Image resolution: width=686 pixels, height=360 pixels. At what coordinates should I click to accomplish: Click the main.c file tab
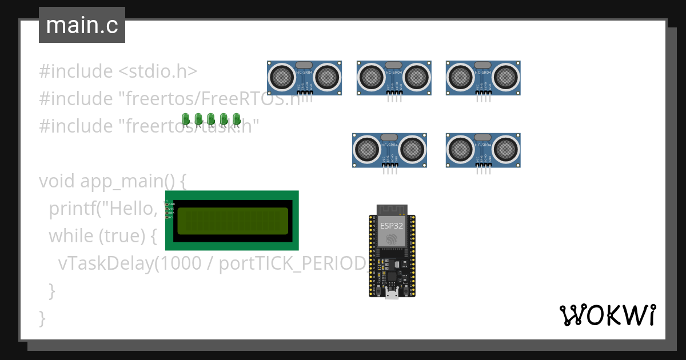82,25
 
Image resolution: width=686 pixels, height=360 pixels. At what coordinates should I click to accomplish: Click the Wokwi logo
607,315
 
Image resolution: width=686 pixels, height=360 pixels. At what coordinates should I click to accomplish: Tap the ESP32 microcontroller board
392,251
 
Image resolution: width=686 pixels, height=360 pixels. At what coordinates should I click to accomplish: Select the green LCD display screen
232,221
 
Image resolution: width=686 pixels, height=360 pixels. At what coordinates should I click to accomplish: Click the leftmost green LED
186,119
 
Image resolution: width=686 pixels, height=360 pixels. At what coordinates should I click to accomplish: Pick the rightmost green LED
236,119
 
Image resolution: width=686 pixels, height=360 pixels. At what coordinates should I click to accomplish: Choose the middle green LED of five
211,119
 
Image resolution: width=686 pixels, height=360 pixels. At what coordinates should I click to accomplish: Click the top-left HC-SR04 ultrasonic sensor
305,77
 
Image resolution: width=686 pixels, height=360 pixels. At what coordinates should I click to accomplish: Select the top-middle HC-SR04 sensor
394,77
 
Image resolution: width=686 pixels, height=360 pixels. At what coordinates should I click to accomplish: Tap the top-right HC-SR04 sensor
483,77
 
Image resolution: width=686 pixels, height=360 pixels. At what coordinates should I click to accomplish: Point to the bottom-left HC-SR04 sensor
389,150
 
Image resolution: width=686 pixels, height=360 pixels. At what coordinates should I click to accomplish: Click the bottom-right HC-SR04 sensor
483,150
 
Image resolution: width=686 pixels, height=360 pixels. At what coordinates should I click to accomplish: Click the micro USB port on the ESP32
392,294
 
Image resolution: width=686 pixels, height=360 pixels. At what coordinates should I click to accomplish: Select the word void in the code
57,181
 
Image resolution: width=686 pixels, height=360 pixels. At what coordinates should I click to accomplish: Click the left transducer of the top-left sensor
282,75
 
